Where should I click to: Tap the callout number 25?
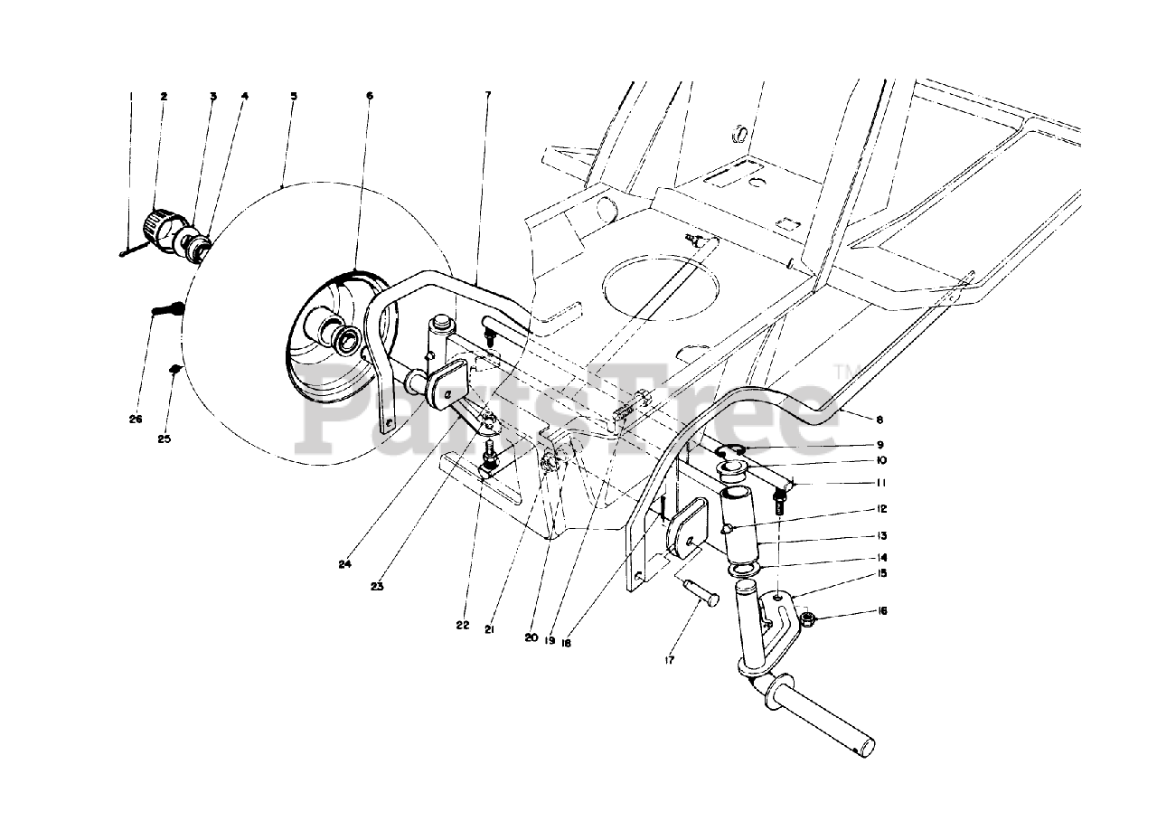[x=164, y=439]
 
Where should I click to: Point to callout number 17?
[x=669, y=661]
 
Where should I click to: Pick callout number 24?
[x=344, y=566]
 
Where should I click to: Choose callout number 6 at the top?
[x=369, y=95]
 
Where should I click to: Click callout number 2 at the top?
[x=164, y=95]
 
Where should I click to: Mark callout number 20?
[x=530, y=637]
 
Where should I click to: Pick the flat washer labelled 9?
[x=732, y=448]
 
